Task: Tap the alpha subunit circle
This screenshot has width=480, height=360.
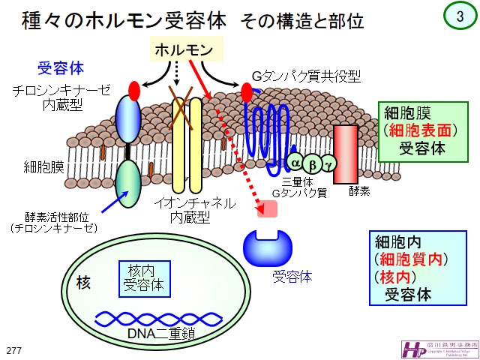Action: click(x=295, y=162)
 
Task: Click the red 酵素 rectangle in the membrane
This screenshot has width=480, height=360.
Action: click(x=346, y=153)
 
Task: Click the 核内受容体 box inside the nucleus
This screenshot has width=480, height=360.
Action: click(x=145, y=277)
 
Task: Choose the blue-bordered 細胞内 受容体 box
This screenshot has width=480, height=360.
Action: click(x=412, y=268)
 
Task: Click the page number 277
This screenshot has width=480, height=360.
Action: click(x=13, y=350)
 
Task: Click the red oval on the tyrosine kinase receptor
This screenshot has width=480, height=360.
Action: click(x=134, y=91)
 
